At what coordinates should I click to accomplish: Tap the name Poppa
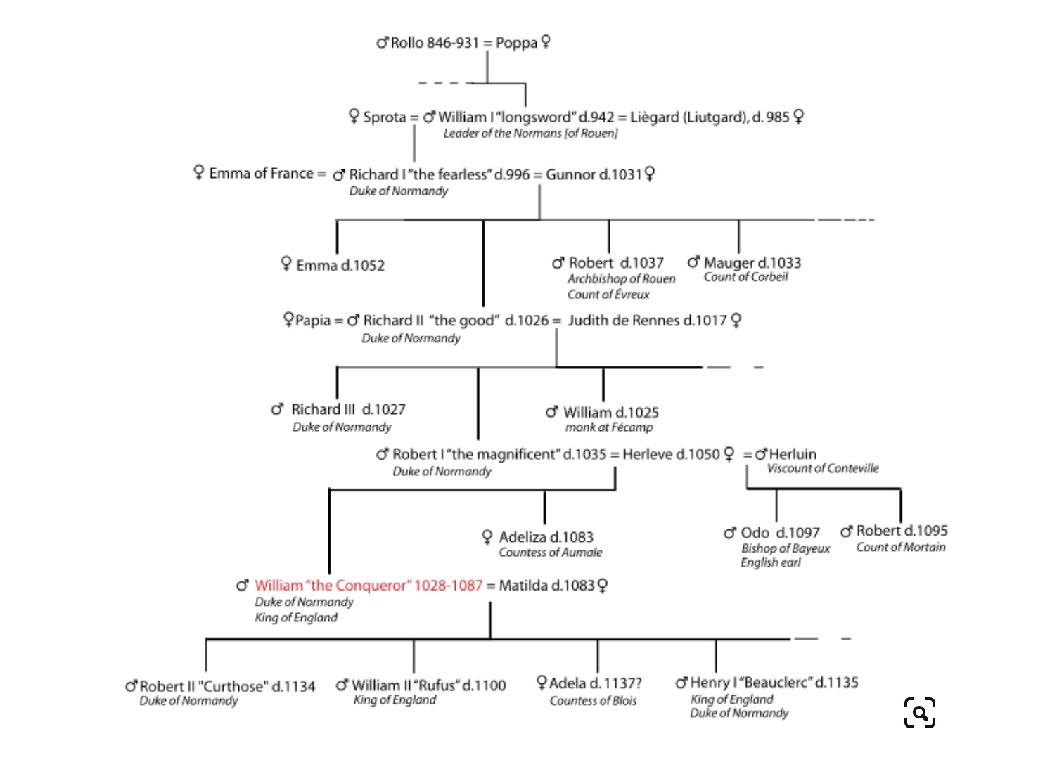click(516, 43)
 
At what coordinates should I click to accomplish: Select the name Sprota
click(384, 117)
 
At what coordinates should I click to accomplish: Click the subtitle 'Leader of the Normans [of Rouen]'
click(530, 134)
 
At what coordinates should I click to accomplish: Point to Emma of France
click(261, 174)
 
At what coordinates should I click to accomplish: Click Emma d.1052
click(340, 266)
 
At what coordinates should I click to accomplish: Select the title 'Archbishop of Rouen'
click(621, 279)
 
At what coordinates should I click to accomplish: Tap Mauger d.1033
click(752, 263)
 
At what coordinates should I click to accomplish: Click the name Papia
click(312, 321)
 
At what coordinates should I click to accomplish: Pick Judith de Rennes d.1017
click(646, 321)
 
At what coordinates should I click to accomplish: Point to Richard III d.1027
click(348, 409)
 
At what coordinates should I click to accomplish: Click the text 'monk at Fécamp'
click(609, 427)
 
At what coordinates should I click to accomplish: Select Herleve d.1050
click(671, 454)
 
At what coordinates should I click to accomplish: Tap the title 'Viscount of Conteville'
click(823, 469)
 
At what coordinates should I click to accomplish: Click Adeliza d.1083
click(546, 537)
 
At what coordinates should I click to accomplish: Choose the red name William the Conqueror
click(368, 586)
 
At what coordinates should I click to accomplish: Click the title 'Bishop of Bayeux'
click(786, 548)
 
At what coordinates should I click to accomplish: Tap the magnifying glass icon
click(919, 713)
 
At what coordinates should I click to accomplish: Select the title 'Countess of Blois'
click(593, 701)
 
